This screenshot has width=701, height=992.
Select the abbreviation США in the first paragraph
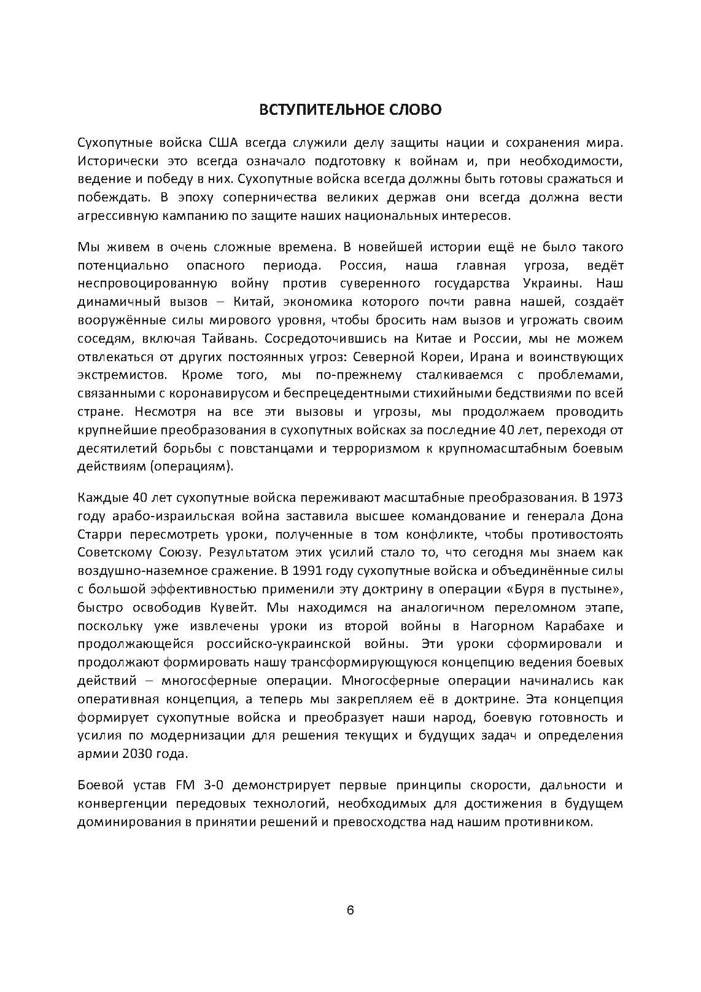click(x=220, y=143)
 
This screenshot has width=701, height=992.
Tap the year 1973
click(x=608, y=496)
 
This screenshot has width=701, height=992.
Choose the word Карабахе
click(x=575, y=626)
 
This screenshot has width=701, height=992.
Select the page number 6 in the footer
click(x=350, y=910)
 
